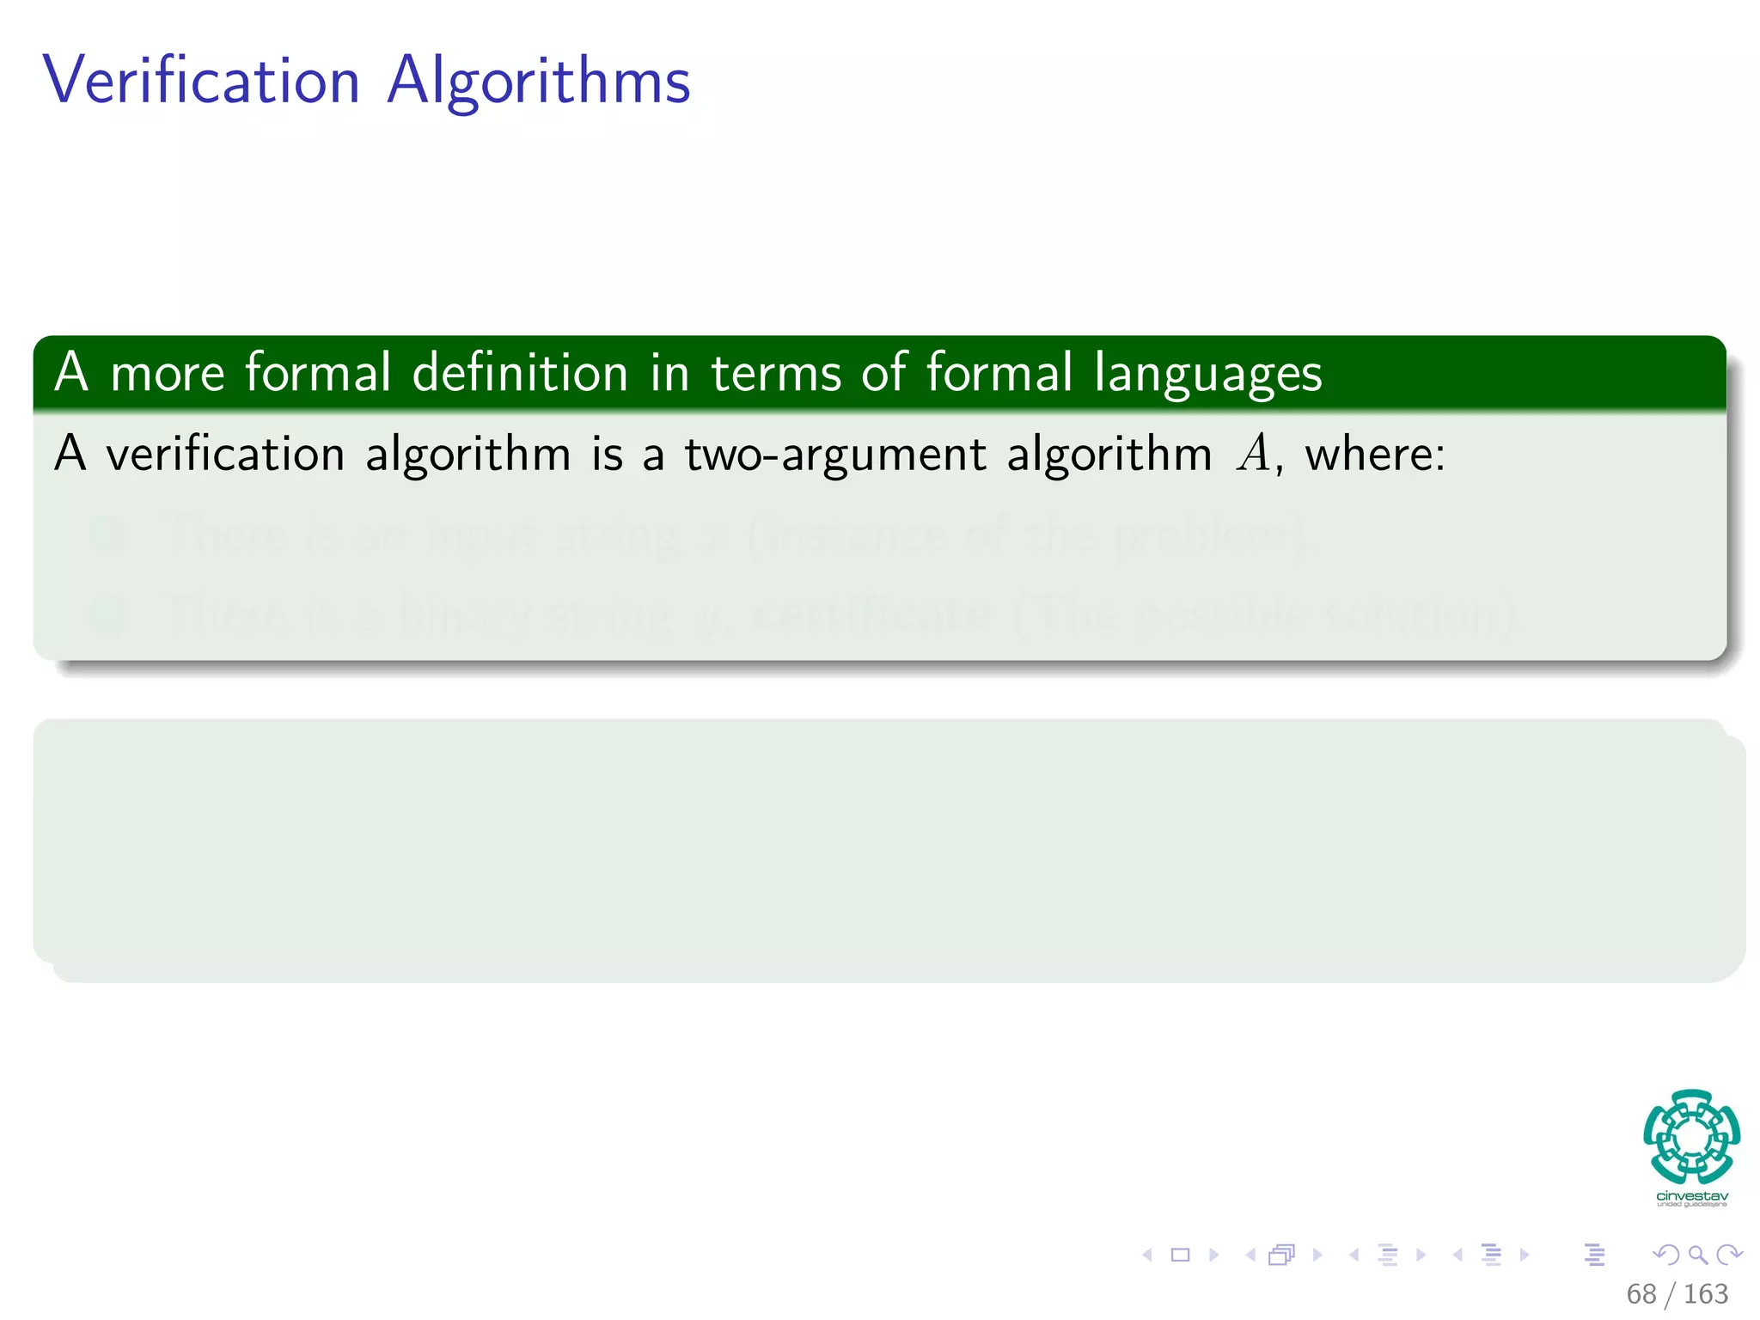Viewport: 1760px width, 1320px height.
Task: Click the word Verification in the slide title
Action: click(201, 81)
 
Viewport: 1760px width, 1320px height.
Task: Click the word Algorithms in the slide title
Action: click(539, 81)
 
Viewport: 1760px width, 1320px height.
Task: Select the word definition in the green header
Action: click(520, 373)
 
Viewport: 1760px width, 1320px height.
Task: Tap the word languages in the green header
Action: click(1207, 375)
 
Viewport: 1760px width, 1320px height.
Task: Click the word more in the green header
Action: click(168, 375)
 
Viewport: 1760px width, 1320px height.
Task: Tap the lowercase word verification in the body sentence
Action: click(225, 454)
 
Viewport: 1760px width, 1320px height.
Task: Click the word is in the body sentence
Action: click(607, 454)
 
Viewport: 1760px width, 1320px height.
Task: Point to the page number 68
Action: click(1641, 1293)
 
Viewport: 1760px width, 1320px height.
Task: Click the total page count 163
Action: click(1705, 1293)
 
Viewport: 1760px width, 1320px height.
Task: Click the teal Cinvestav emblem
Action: click(1691, 1136)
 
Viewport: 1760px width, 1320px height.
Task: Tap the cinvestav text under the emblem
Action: click(1691, 1196)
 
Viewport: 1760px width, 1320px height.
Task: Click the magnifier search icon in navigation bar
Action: click(1697, 1255)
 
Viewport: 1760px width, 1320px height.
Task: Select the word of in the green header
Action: click(884, 373)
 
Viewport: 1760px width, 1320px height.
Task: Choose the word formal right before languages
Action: click(999, 373)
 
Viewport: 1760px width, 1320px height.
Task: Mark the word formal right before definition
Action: click(318, 373)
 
